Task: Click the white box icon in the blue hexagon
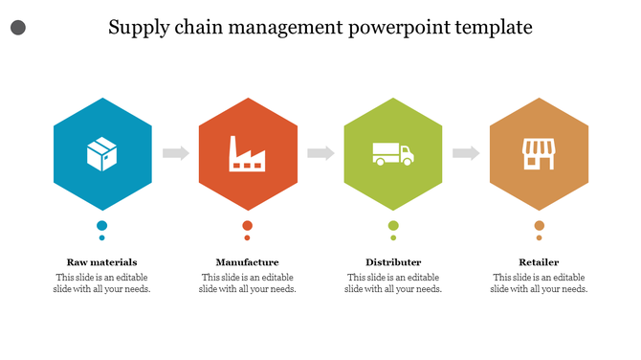pyautogui.click(x=101, y=153)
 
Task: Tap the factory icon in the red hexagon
pyautogui.click(x=247, y=153)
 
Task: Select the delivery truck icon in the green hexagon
pyautogui.click(x=392, y=153)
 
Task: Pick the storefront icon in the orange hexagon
pyautogui.click(x=538, y=153)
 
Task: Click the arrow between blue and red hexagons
pyautogui.click(x=175, y=153)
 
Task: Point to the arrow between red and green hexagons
pyautogui.click(x=320, y=153)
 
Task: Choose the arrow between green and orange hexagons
pyautogui.click(x=466, y=153)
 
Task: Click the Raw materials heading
pyautogui.click(x=101, y=261)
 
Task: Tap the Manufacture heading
pyautogui.click(x=247, y=261)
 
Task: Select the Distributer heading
pyautogui.click(x=393, y=261)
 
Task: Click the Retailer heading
pyautogui.click(x=539, y=261)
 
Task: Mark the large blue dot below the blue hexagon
pyautogui.click(x=101, y=226)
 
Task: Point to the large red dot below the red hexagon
pyautogui.click(x=247, y=226)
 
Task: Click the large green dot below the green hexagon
pyautogui.click(x=393, y=226)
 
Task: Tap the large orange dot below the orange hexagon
pyautogui.click(x=539, y=226)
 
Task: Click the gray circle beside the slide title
pyautogui.click(x=17, y=29)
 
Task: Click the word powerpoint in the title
pyautogui.click(x=385, y=28)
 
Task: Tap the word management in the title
pyautogui.click(x=271, y=28)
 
